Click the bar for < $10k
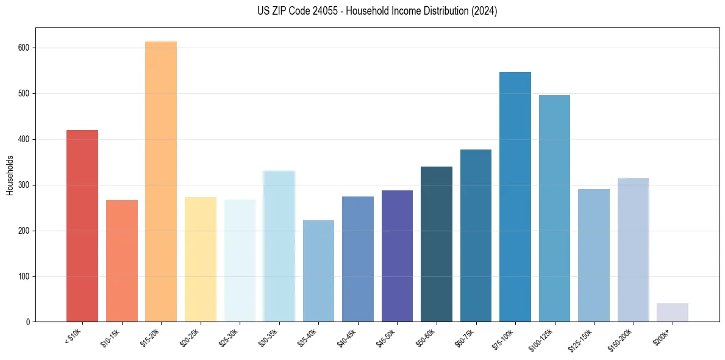pos(82,226)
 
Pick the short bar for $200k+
pos(673,312)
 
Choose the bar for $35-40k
pos(318,271)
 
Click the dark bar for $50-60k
pos(437,244)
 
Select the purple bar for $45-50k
pos(397,256)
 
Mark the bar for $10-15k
pos(122,261)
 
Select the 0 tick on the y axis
pos(28,322)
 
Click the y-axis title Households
pos(10,175)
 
